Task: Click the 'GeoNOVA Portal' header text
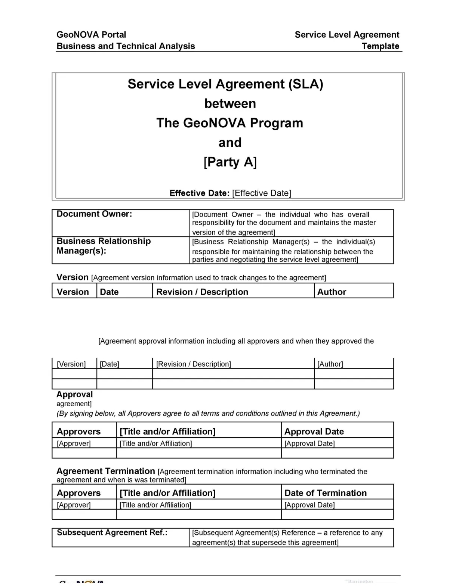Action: [91, 35]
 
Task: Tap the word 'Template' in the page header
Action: [380, 46]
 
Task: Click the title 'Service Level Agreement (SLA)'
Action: [225, 84]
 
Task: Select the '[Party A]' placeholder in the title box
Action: [230, 162]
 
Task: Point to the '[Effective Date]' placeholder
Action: [261, 193]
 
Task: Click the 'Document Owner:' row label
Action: [94, 214]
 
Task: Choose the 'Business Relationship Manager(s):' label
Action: [104, 246]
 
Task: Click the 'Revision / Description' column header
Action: [202, 292]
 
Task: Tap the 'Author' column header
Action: [332, 292]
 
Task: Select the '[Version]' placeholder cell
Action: [71, 364]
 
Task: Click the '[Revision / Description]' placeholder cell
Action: [193, 364]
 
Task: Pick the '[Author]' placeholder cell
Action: [330, 364]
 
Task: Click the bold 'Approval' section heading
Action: [74, 394]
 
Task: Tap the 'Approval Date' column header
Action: [314, 432]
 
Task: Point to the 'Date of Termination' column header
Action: [325, 493]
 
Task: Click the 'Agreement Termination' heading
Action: [105, 471]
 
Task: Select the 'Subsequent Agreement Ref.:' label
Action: [112, 532]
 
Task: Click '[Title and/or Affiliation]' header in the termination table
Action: [167, 493]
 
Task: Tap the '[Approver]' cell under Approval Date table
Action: [74, 444]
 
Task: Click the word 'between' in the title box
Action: [230, 103]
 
